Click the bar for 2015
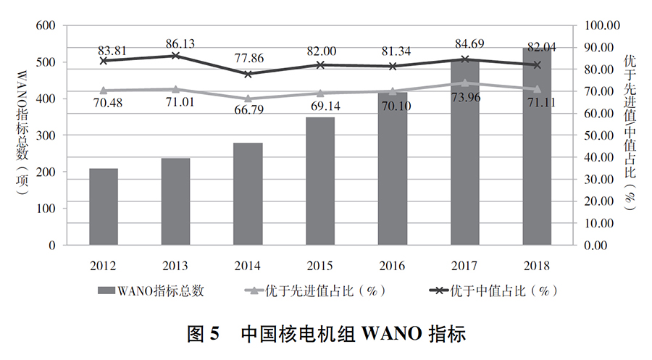click(x=320, y=181)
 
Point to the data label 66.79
click(x=248, y=111)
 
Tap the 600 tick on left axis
click(x=45, y=25)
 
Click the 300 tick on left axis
click(x=45, y=135)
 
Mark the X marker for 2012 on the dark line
click(x=104, y=61)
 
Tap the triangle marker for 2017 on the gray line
click(x=464, y=83)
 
